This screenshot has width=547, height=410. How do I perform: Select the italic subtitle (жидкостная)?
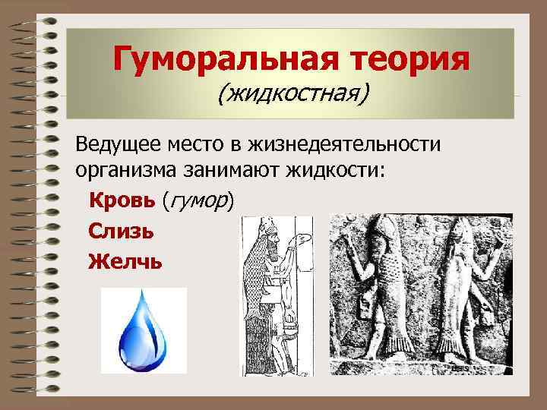(292, 94)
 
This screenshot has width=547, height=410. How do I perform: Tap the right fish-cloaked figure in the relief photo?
(460, 296)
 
